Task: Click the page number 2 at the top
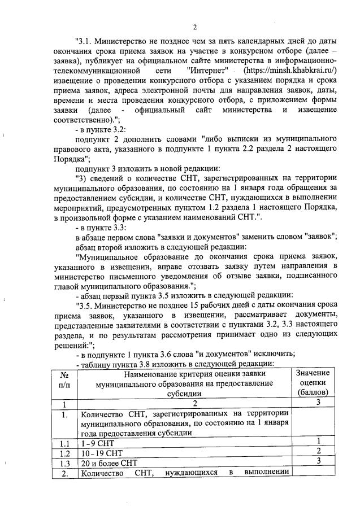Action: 194,27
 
